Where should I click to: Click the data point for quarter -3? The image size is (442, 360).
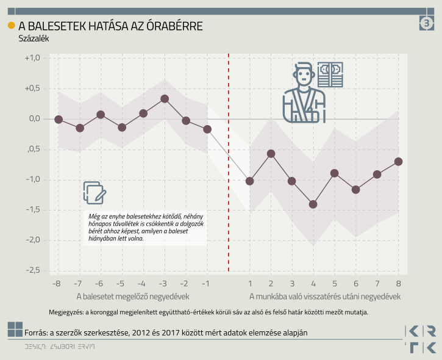click(165, 99)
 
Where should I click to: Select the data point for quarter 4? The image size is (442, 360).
click(313, 204)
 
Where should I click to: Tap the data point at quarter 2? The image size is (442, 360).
click(271, 154)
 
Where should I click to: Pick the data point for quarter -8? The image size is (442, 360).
click(59, 120)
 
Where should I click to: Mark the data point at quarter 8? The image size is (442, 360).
click(398, 162)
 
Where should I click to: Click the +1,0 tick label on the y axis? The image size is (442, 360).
click(32, 58)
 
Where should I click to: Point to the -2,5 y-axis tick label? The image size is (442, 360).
click(32, 270)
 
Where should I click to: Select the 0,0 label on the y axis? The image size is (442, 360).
click(33, 118)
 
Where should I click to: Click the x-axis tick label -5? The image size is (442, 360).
click(121, 284)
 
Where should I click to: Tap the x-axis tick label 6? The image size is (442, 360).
click(355, 284)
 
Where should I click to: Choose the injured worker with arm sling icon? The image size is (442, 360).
click(304, 93)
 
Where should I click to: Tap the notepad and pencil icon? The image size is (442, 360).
click(94, 193)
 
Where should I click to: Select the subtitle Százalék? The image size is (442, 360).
click(34, 38)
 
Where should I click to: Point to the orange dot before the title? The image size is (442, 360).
click(11, 25)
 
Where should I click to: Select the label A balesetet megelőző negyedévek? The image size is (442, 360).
click(133, 297)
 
